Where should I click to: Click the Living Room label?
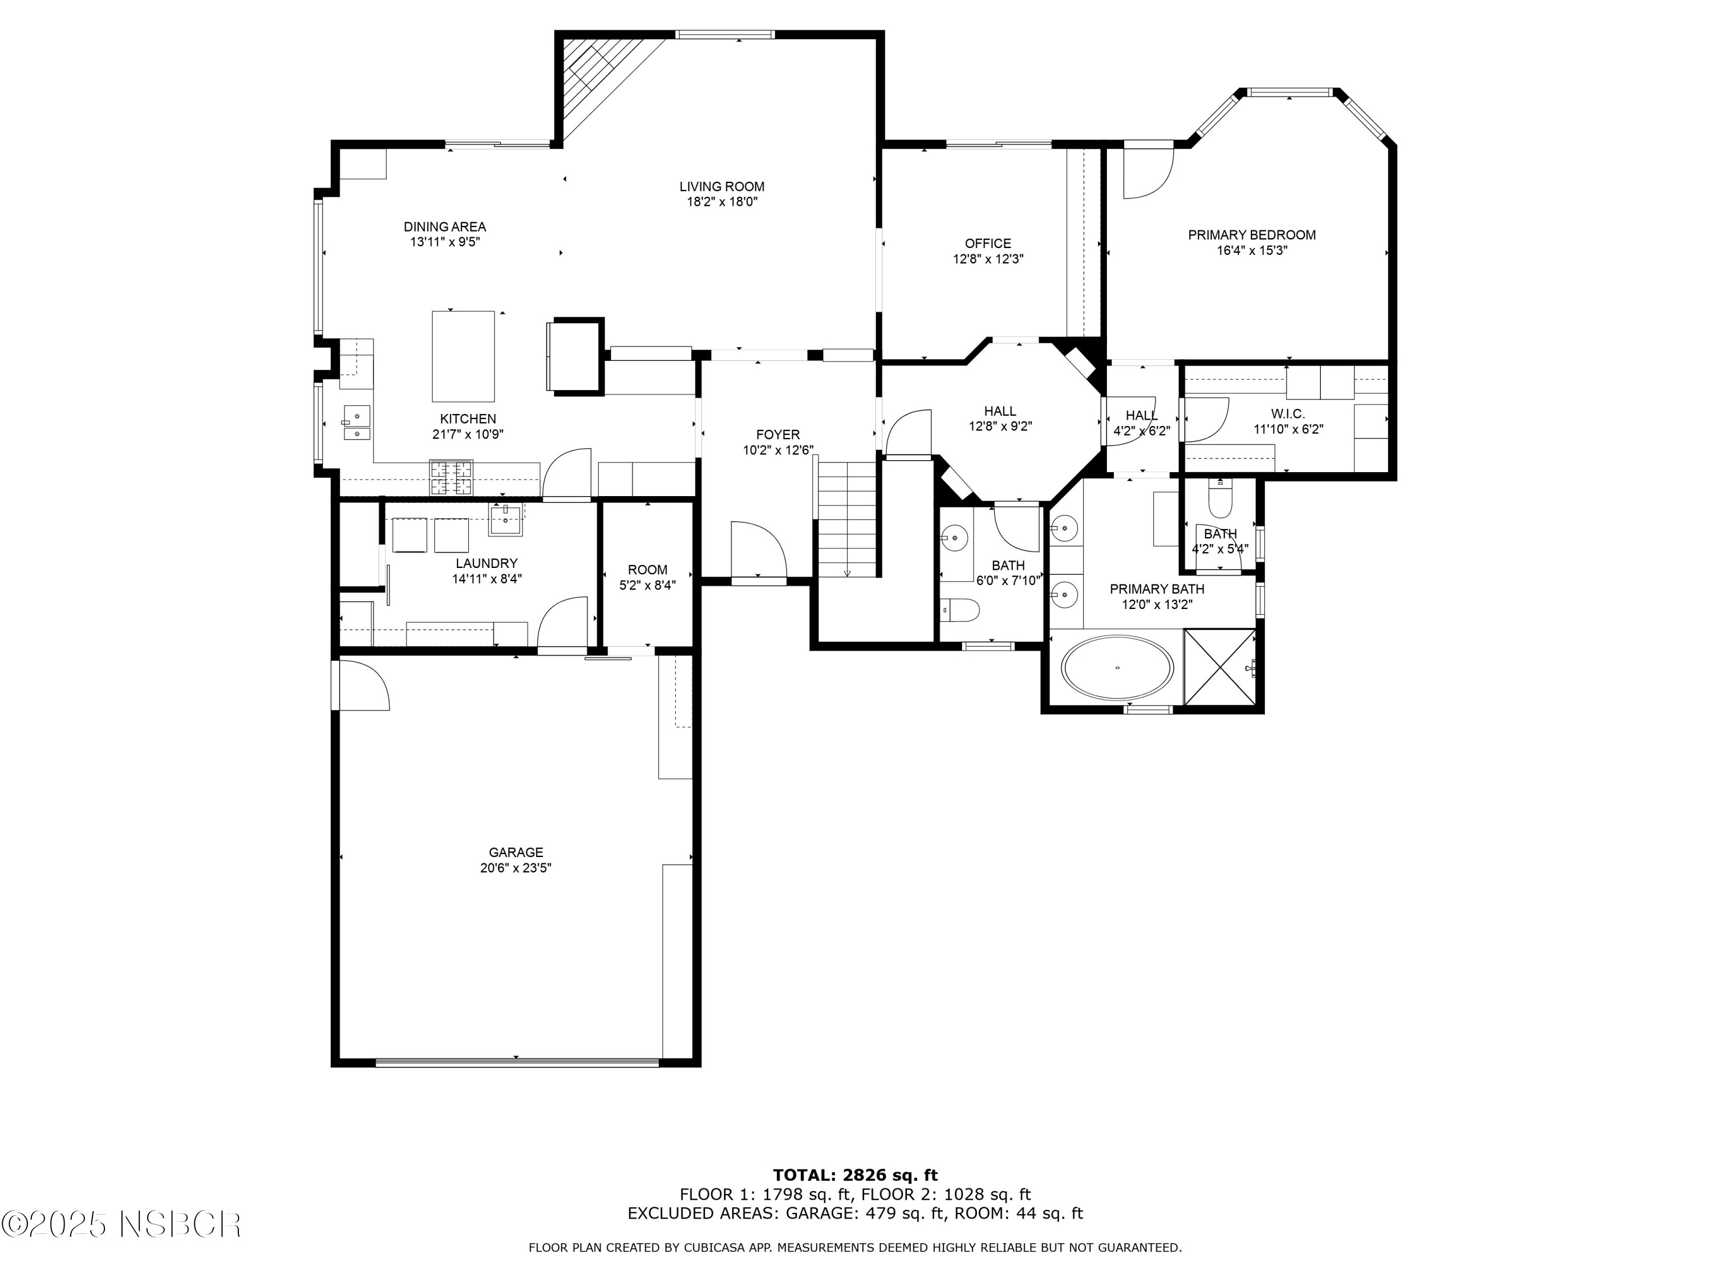pos(721,186)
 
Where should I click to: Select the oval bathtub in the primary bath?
pos(1117,667)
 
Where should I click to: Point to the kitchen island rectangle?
pos(463,356)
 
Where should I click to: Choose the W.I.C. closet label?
pos(1288,415)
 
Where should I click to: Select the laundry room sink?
pos(506,518)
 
